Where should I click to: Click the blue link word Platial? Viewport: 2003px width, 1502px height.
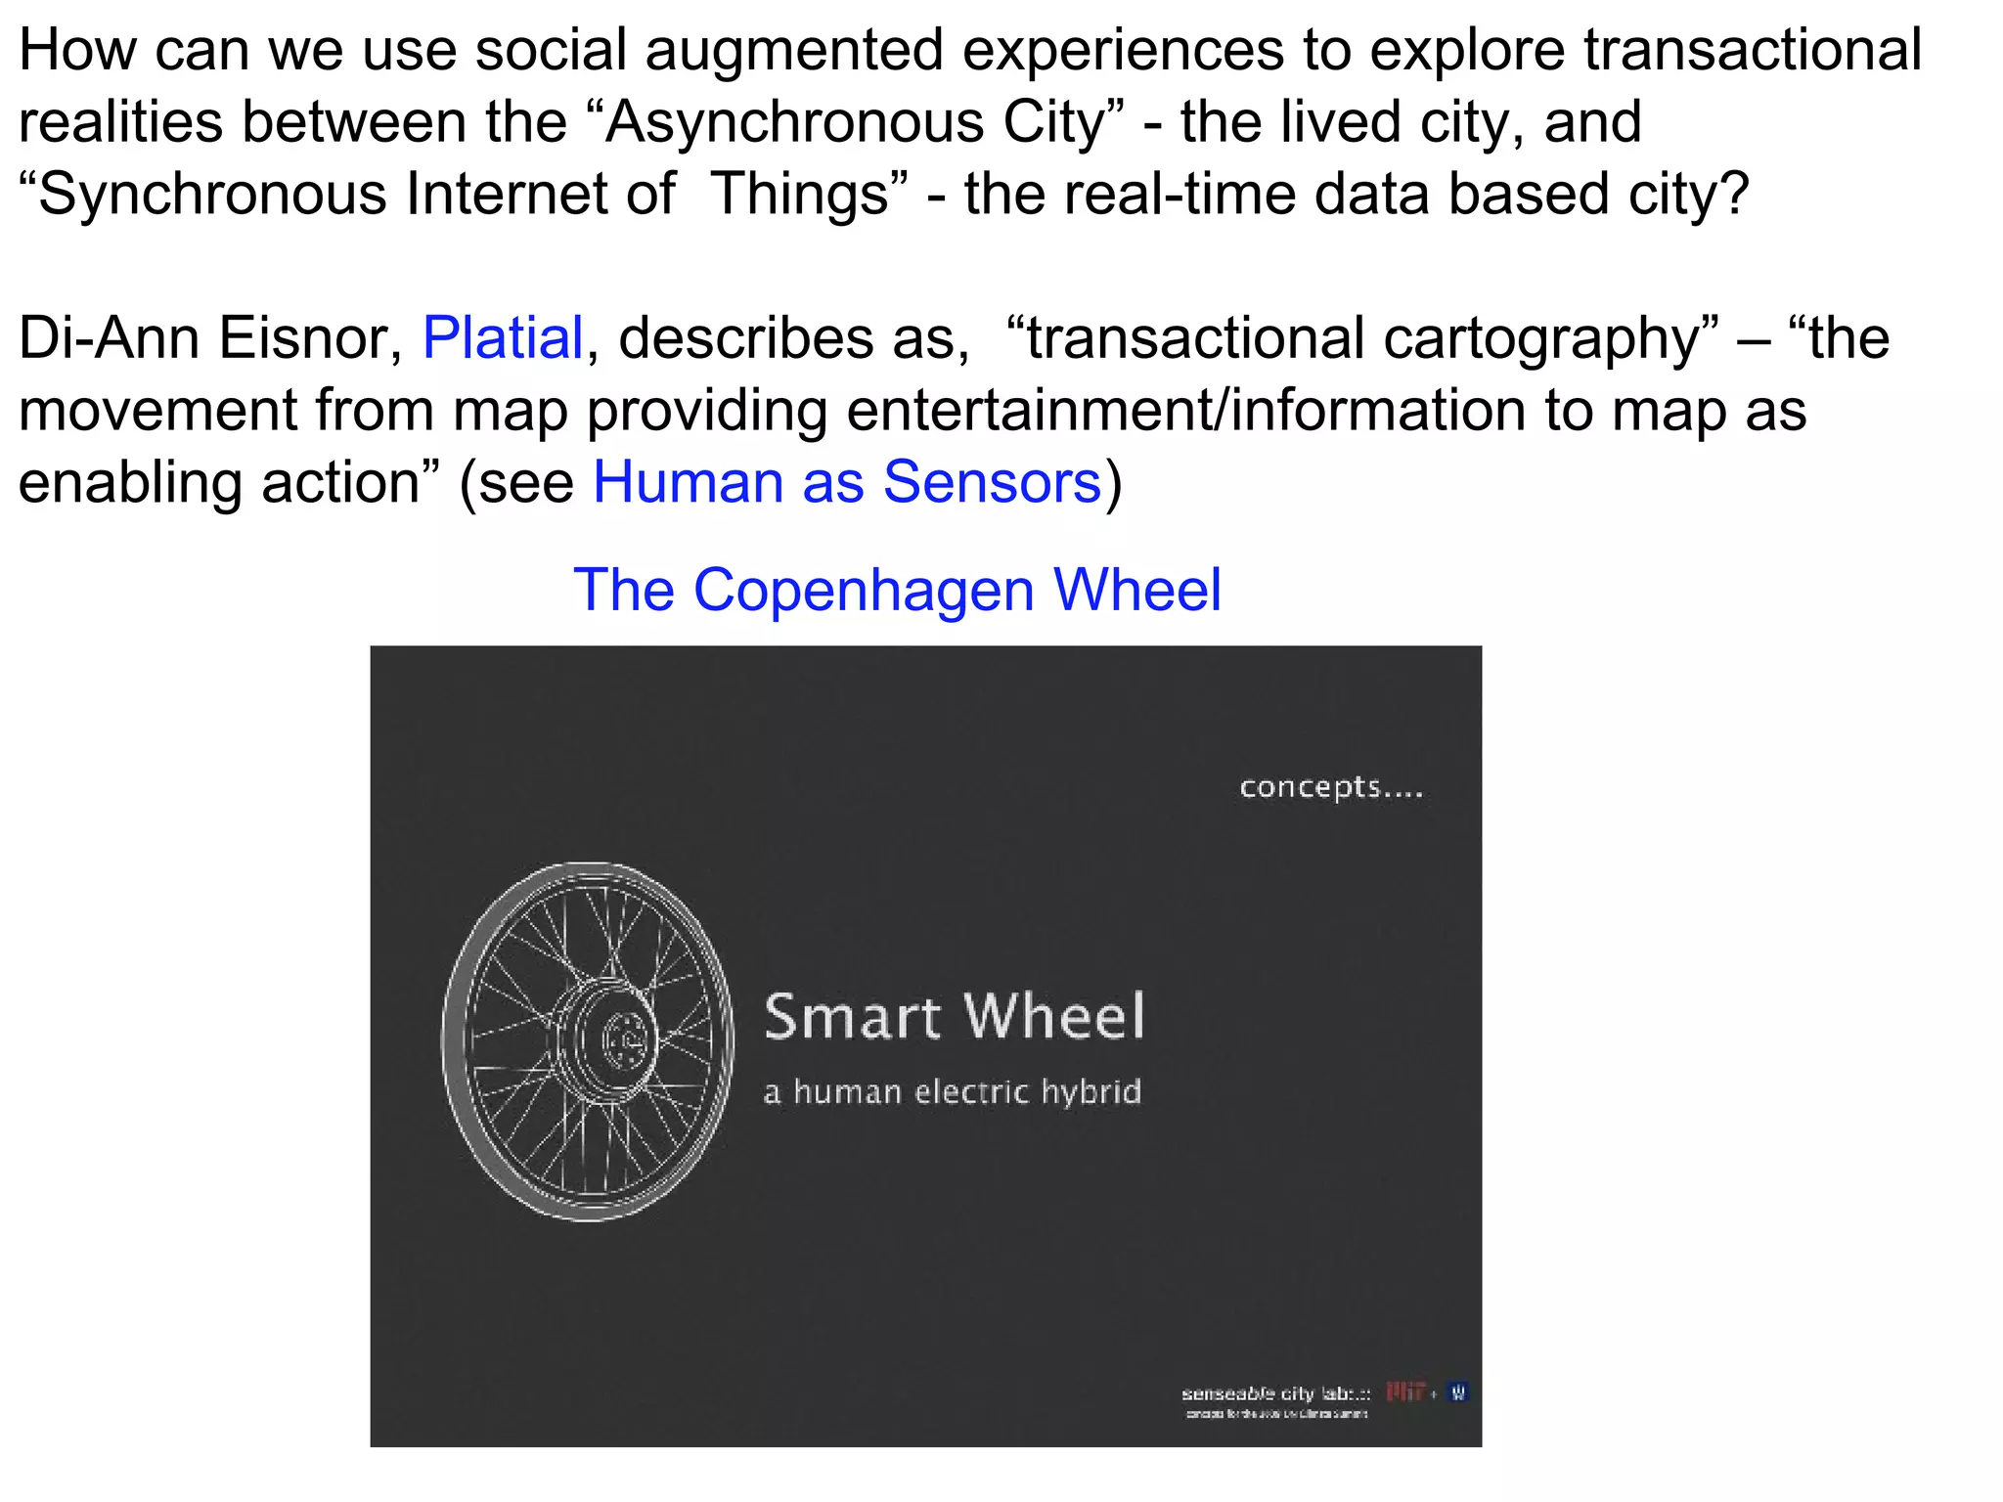503,338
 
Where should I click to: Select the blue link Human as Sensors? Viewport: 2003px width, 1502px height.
847,483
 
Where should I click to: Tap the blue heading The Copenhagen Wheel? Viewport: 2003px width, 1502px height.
897,590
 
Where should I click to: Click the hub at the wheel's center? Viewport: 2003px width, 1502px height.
618,1039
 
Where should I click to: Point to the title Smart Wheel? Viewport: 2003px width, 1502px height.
954,1016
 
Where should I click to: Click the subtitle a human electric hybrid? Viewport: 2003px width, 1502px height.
952,1091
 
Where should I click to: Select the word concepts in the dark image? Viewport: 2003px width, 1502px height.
1310,786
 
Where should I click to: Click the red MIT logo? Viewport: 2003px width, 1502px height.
1404,1392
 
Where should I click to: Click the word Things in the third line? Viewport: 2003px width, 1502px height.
800,194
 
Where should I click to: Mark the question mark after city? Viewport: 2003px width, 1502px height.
1734,194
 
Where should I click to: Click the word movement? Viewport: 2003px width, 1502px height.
157,410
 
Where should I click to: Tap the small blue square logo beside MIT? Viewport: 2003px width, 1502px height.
1458,1392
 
